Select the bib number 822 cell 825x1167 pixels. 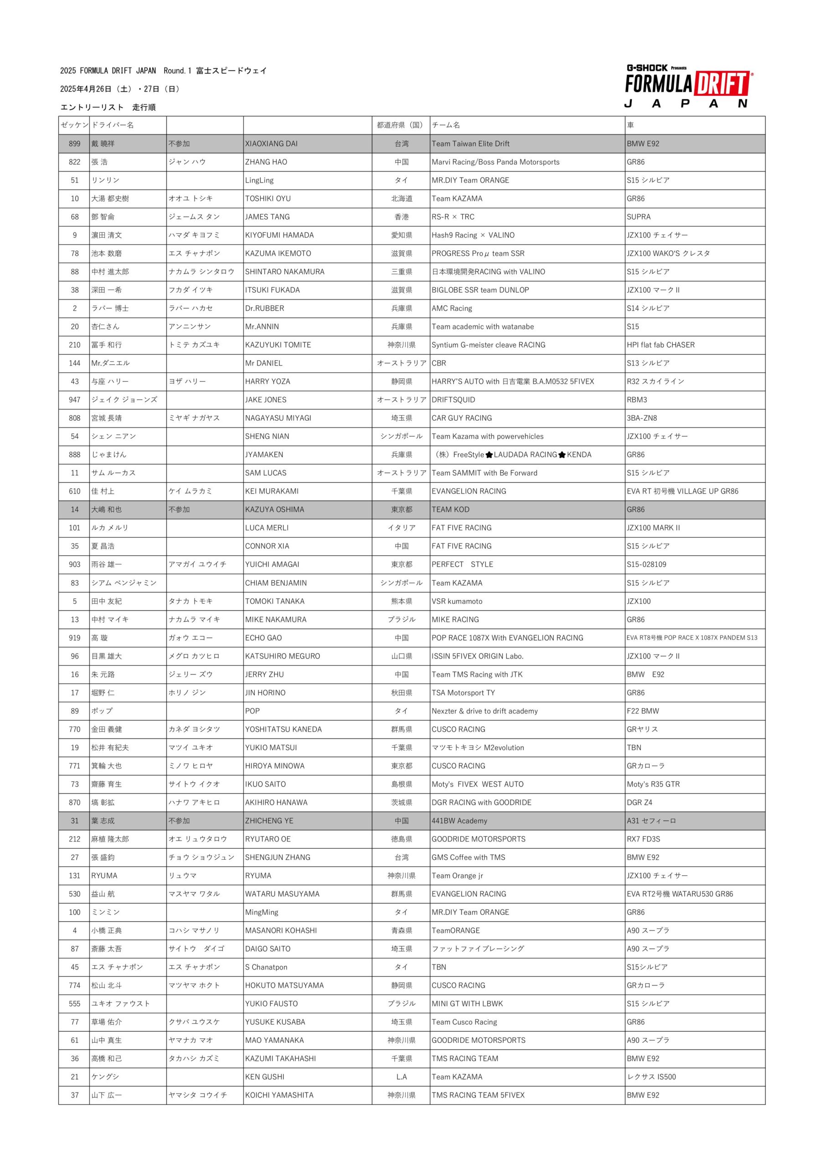[74, 162]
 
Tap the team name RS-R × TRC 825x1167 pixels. [453, 217]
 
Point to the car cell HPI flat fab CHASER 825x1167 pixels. [660, 345]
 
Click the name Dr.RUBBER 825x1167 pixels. [264, 309]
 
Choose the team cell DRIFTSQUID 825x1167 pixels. [454, 400]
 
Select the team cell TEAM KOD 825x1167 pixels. [450, 510]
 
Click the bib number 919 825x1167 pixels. [74, 638]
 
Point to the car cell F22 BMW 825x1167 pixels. [643, 711]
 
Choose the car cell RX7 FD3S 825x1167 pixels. [643, 839]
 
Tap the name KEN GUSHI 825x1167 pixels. [264, 1077]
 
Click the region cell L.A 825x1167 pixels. [402, 1077]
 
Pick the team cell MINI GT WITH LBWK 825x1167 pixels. [467, 1004]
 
